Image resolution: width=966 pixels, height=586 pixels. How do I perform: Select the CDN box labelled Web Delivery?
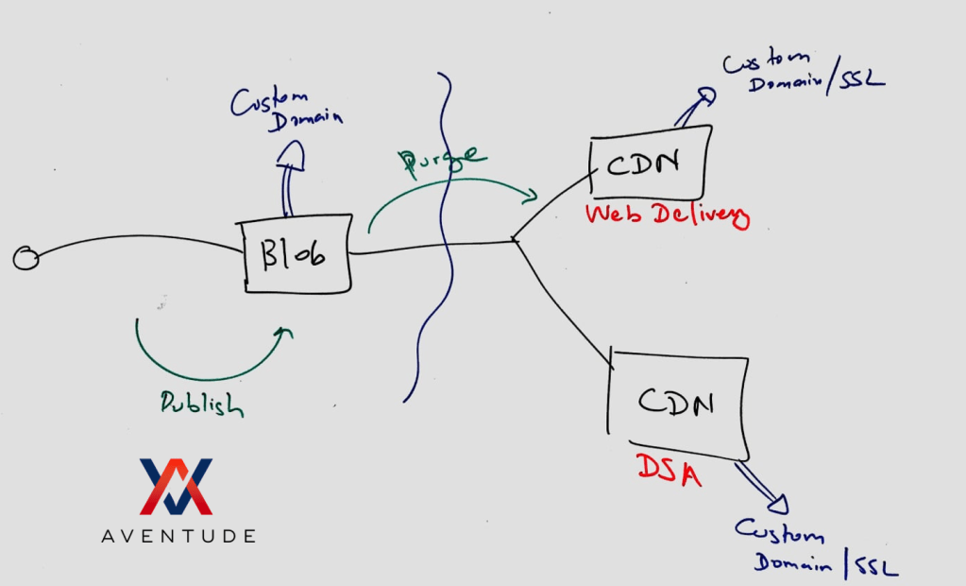[650, 164]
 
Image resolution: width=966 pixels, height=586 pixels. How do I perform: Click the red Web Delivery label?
[667, 215]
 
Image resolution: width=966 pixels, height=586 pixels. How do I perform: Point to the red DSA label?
[669, 468]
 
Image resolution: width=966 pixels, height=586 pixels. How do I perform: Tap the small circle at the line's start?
[26, 257]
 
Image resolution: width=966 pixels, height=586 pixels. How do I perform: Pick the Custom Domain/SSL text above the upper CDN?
[803, 72]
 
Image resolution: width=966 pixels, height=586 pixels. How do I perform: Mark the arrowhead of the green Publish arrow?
[284, 332]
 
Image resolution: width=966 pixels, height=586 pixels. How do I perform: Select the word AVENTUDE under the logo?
[178, 536]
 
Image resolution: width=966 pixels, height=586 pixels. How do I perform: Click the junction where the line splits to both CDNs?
[514, 240]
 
